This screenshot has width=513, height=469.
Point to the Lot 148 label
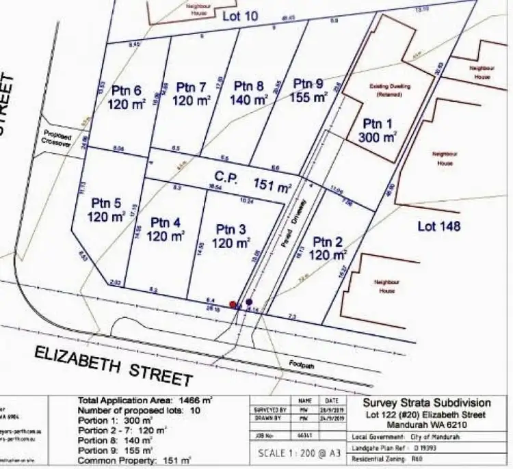pyautogui.click(x=438, y=226)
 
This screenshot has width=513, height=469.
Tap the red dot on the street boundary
pyautogui.click(x=233, y=304)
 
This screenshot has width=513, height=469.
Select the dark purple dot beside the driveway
pyautogui.click(x=249, y=301)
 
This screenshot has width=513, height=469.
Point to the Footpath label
pyautogui.click(x=300, y=363)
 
